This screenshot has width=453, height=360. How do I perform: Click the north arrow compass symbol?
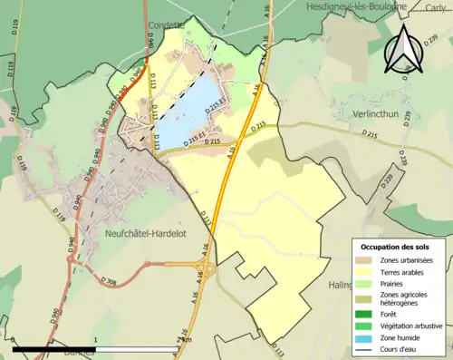404,47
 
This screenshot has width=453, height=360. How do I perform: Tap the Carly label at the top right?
437,7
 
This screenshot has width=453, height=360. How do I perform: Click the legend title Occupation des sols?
396,246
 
